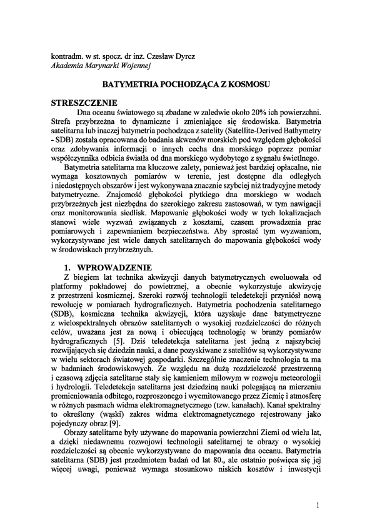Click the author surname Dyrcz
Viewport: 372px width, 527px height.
pyautogui.click(x=183, y=55)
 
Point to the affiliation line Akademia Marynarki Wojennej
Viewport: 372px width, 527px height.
pyautogui.click(x=100, y=64)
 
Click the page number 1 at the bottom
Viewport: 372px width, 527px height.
pyautogui.click(x=319, y=505)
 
